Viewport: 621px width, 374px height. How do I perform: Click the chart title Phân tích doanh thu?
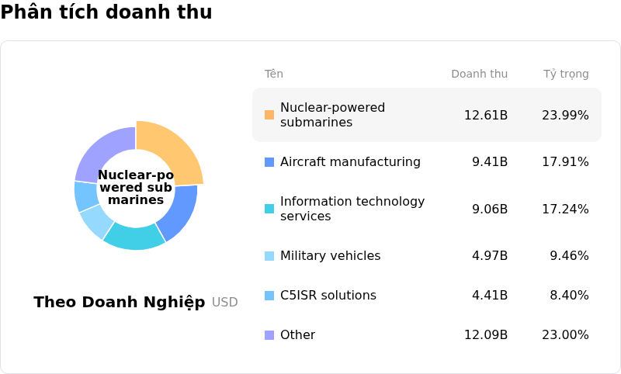pos(106,12)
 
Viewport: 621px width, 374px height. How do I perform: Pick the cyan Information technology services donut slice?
pos(134,235)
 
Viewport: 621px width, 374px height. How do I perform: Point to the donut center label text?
pos(136,188)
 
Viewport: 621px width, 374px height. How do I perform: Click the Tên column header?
pos(273,74)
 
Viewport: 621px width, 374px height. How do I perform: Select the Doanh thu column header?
pos(479,74)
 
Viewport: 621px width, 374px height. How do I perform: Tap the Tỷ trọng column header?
pos(565,74)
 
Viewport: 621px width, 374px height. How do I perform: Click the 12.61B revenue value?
pos(485,116)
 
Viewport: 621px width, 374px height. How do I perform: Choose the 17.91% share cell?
pos(565,162)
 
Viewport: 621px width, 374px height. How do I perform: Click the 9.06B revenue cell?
pos(489,210)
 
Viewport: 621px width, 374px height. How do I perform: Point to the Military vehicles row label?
pos(330,256)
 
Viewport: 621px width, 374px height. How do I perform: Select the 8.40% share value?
pos(568,296)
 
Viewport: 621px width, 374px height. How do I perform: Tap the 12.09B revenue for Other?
pos(485,335)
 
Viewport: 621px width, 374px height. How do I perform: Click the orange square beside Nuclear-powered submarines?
pos(269,115)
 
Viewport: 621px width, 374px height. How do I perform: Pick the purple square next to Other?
pos(269,335)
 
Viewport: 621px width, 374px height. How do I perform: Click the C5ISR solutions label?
pos(328,296)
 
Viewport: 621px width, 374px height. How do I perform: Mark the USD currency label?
pos(224,303)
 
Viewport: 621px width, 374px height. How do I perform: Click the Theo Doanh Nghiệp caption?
pos(120,303)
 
